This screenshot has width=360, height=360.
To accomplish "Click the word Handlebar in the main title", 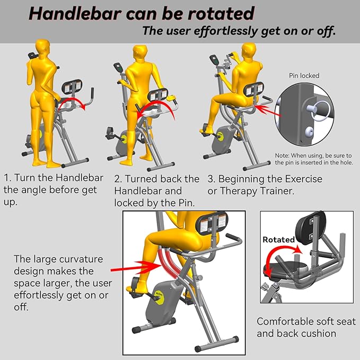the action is pos(75,13).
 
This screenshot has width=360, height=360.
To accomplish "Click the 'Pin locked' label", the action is pos(304,75).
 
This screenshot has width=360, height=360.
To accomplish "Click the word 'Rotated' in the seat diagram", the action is pos(278,240).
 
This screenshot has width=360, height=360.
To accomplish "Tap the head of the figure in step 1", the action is pos(43,46).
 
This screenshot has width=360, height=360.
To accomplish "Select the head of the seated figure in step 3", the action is pos(249,50).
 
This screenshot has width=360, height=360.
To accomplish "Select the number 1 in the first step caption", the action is pos(7,178).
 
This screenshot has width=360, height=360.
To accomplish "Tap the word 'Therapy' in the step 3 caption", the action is pos(238,191).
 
